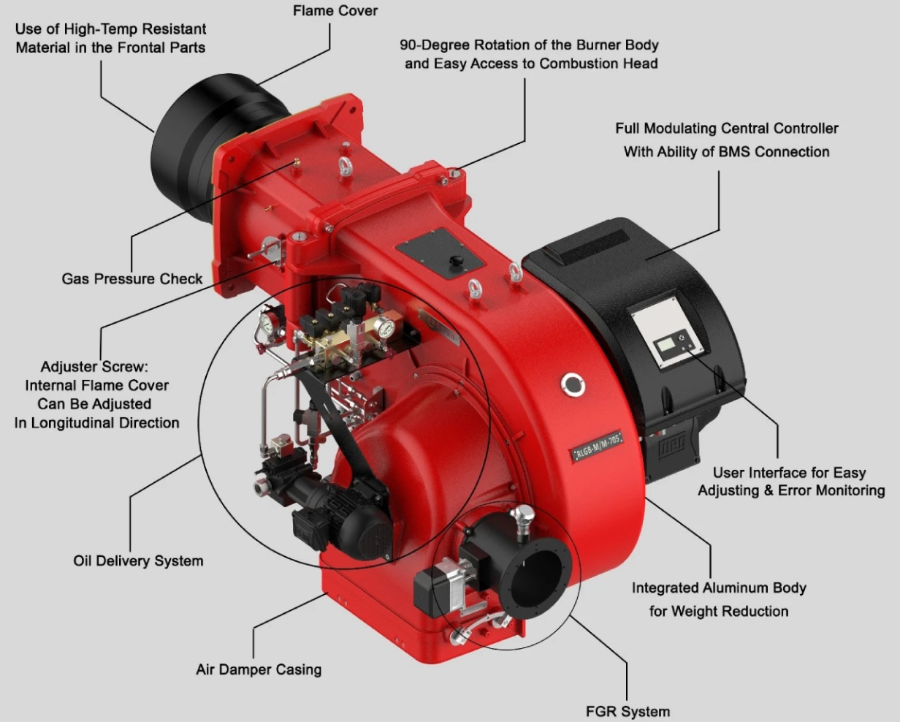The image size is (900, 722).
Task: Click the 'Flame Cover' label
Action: click(335, 11)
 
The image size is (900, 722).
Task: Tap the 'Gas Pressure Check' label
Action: click(132, 279)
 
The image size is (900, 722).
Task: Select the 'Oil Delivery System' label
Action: click(138, 561)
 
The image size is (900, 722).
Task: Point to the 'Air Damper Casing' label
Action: click(259, 669)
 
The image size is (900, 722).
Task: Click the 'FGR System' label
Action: click(628, 711)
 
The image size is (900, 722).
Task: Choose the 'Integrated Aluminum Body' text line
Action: click(719, 588)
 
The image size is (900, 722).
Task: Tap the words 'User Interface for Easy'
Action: click(789, 473)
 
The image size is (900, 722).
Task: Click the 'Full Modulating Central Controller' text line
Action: click(726, 129)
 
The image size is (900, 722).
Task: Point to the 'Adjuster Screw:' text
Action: click(99, 367)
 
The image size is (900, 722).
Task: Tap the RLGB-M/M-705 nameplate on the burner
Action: click(597, 445)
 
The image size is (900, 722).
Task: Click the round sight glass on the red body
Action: click(573, 384)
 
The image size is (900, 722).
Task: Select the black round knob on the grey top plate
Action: click(457, 260)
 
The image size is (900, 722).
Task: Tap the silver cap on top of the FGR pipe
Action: click(522, 518)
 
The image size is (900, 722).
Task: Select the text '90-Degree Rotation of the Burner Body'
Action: click(529, 45)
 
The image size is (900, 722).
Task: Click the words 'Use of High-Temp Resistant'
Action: click(110, 29)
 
